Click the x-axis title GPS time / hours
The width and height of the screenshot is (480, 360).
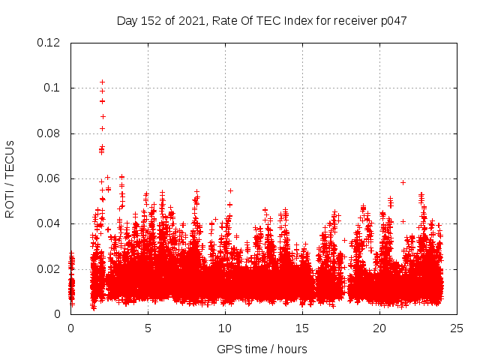(x=262, y=349)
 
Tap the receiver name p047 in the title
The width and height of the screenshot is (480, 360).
(x=393, y=20)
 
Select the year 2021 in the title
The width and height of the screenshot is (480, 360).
(x=190, y=20)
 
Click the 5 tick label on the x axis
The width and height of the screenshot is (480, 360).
(x=148, y=328)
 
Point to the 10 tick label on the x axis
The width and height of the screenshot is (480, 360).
(x=225, y=328)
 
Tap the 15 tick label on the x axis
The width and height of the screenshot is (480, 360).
(x=302, y=328)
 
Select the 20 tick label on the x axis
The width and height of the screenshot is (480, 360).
(x=379, y=328)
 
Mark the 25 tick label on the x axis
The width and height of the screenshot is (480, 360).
(x=457, y=328)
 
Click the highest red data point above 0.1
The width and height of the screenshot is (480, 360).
(x=102, y=82)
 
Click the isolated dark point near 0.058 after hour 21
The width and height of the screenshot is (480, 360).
(x=403, y=182)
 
